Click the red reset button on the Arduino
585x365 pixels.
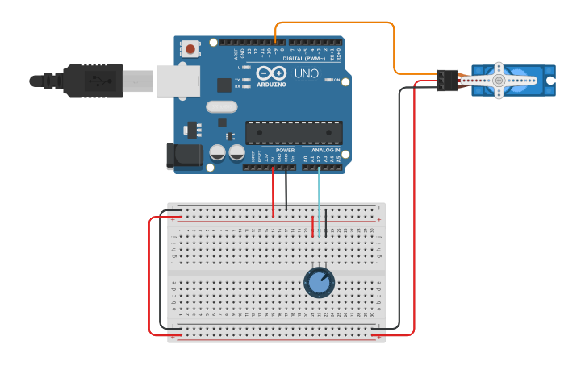point(190,48)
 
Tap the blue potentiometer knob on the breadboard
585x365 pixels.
point(320,282)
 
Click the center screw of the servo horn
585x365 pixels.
point(499,80)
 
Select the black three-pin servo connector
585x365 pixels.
point(447,80)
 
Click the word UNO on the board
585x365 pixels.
point(307,73)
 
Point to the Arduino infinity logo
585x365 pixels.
point(268,73)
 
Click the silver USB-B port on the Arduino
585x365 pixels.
point(178,81)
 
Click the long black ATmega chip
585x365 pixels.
point(294,132)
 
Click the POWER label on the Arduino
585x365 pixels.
point(285,150)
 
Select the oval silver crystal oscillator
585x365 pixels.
point(222,106)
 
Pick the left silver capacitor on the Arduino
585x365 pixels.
point(217,151)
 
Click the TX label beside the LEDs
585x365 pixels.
point(237,80)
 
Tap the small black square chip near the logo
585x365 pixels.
point(224,85)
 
